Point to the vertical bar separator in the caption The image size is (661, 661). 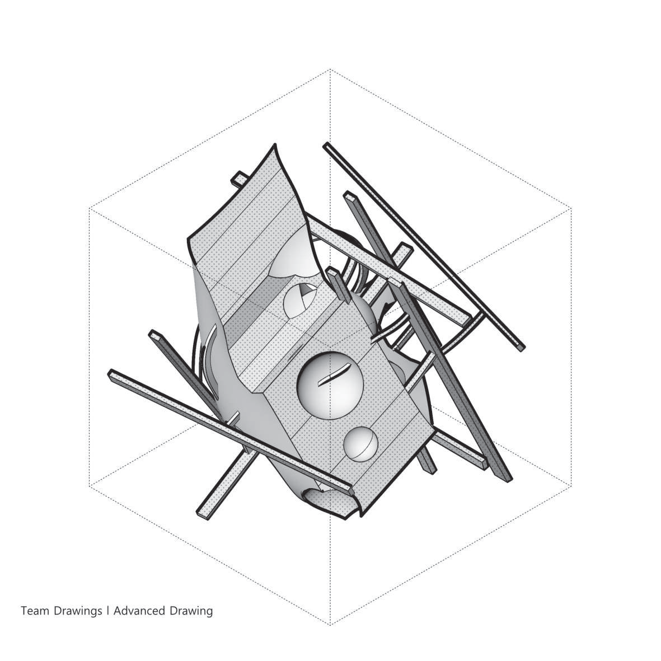tap(108, 611)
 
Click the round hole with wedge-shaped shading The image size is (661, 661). tap(300, 299)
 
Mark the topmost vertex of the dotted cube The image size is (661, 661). tap(330, 69)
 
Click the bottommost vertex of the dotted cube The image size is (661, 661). tap(330, 625)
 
